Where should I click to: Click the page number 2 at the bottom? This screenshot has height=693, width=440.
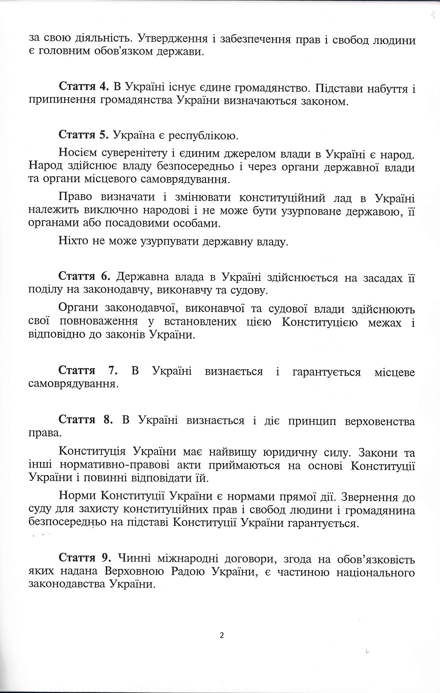222,635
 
